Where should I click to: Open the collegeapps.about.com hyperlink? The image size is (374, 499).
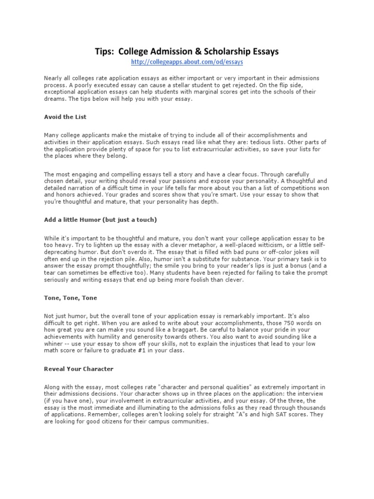tap(187, 62)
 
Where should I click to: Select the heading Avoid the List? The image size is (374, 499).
tap(65, 117)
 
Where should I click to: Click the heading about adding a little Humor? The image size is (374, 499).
tap(100, 220)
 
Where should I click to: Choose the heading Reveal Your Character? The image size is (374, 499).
tap(78, 369)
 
